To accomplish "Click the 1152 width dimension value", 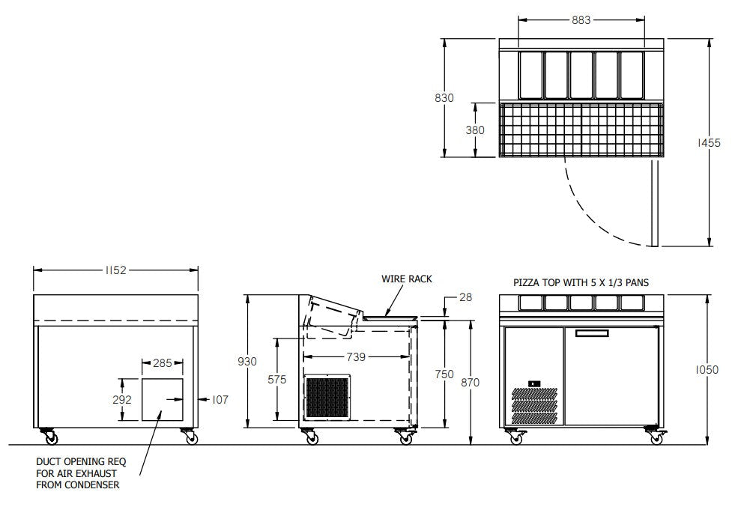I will [115, 270].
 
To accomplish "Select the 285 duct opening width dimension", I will [162, 363].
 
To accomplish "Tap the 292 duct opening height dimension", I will [123, 400].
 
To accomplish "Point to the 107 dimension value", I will [219, 400].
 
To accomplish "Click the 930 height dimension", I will [246, 362].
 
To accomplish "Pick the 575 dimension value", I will [277, 380].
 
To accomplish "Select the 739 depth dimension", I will [357, 357].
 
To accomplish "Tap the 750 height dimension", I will [444, 374].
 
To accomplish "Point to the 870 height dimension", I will [470, 382].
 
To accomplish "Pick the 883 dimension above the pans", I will [581, 20].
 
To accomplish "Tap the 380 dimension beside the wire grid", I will [475, 130].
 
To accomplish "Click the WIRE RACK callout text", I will [407, 279].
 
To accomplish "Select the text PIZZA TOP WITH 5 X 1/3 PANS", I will [581, 283].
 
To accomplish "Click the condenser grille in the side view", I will [327, 397].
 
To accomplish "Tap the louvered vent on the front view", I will [534, 405].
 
